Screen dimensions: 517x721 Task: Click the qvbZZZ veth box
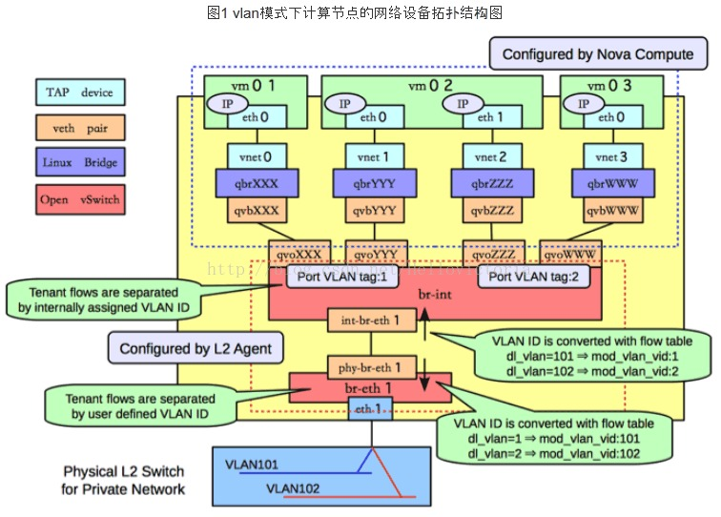(487, 210)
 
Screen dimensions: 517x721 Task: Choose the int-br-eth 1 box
(372, 320)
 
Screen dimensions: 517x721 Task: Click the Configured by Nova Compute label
(598, 54)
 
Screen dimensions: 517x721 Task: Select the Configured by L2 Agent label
(195, 348)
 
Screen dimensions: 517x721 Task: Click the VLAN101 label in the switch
(252, 465)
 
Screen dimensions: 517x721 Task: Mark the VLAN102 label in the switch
(293, 488)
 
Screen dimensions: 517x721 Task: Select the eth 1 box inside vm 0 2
(487, 117)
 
